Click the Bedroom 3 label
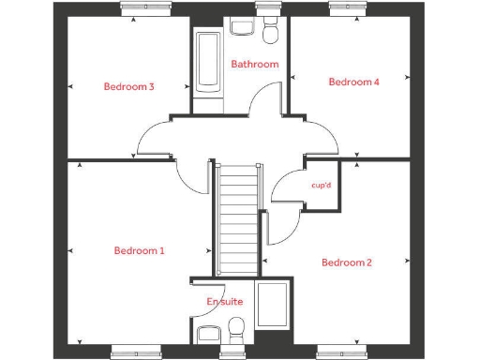[x=128, y=87]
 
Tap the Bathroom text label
[x=255, y=65]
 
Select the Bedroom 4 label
[x=353, y=82]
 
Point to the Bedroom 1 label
[x=139, y=251]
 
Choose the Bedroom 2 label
[x=347, y=262]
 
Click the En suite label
[x=225, y=301]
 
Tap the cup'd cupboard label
[x=321, y=186]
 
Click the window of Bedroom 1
[x=131, y=352]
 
